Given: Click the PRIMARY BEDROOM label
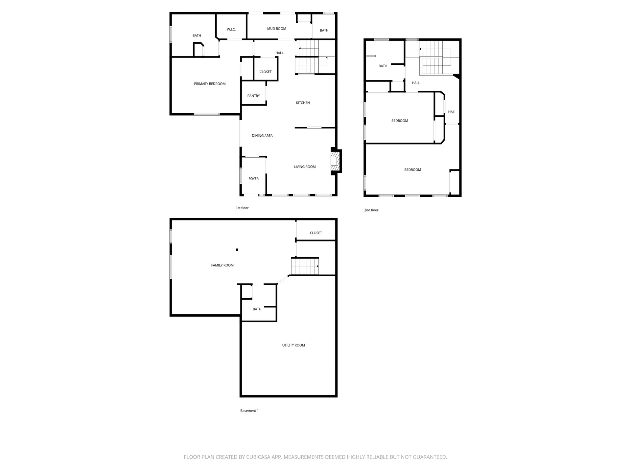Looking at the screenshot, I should pyautogui.click(x=210, y=84).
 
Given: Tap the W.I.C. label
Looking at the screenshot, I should pyautogui.click(x=231, y=30).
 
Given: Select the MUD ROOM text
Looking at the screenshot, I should pyautogui.click(x=276, y=29).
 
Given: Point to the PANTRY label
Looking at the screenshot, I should pyautogui.click(x=253, y=96).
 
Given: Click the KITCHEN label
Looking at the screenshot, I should pyautogui.click(x=303, y=103).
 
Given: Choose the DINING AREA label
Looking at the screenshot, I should pyautogui.click(x=262, y=136).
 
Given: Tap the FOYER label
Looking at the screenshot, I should pyautogui.click(x=253, y=179).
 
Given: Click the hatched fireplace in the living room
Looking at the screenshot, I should pyautogui.click(x=334, y=161).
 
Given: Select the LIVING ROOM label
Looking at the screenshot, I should pyautogui.click(x=305, y=167).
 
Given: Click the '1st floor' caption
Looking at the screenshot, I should pyautogui.click(x=242, y=208).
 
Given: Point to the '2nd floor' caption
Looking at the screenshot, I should pyautogui.click(x=371, y=210).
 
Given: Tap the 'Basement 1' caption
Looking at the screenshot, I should pyautogui.click(x=249, y=411).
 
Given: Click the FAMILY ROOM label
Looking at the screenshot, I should pyautogui.click(x=222, y=265).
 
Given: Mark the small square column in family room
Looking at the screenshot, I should pyautogui.click(x=237, y=250).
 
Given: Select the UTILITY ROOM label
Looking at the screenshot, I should pyautogui.click(x=293, y=345).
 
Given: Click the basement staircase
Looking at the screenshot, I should pyautogui.click(x=305, y=266).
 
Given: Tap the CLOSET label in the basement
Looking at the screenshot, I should pyautogui.click(x=315, y=233).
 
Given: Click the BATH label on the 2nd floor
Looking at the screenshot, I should pyautogui.click(x=383, y=66).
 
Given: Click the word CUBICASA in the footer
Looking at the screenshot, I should pyautogui.click(x=260, y=457).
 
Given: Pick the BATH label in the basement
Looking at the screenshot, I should pyautogui.click(x=257, y=309).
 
